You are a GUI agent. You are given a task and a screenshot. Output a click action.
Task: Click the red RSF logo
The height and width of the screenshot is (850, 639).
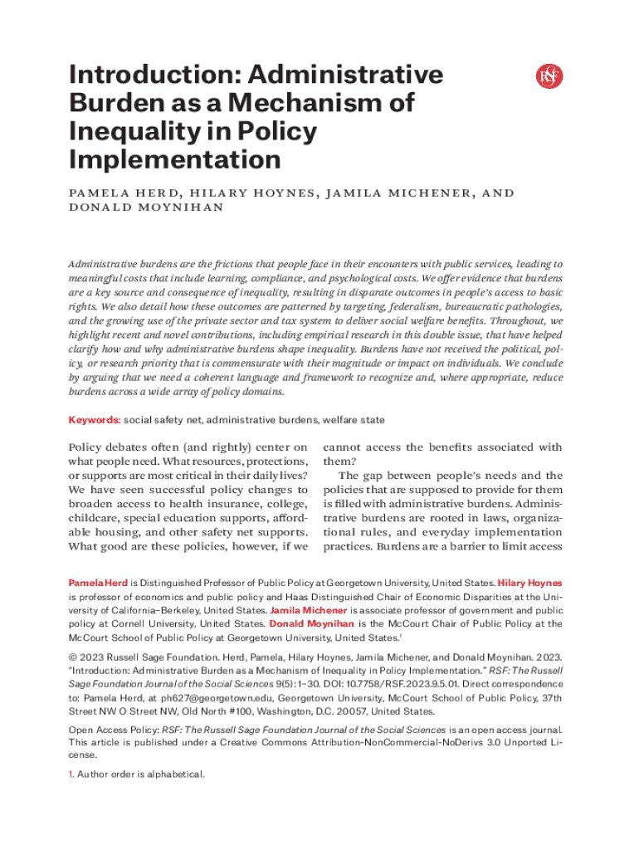[549, 76]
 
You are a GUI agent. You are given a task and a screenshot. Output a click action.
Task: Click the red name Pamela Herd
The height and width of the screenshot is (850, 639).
[98, 584]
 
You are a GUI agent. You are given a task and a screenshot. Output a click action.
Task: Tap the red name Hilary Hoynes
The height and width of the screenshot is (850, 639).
[529, 584]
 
